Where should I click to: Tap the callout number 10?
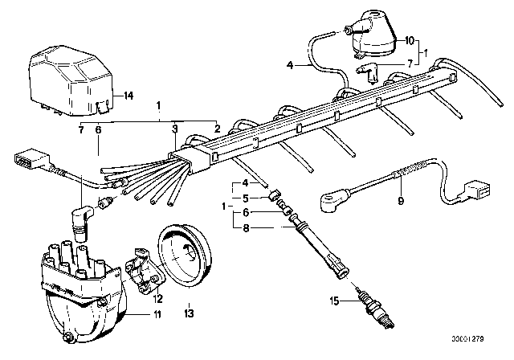click(x=408, y=39)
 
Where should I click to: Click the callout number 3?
click(x=173, y=127)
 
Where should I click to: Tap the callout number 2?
click(x=216, y=127)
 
